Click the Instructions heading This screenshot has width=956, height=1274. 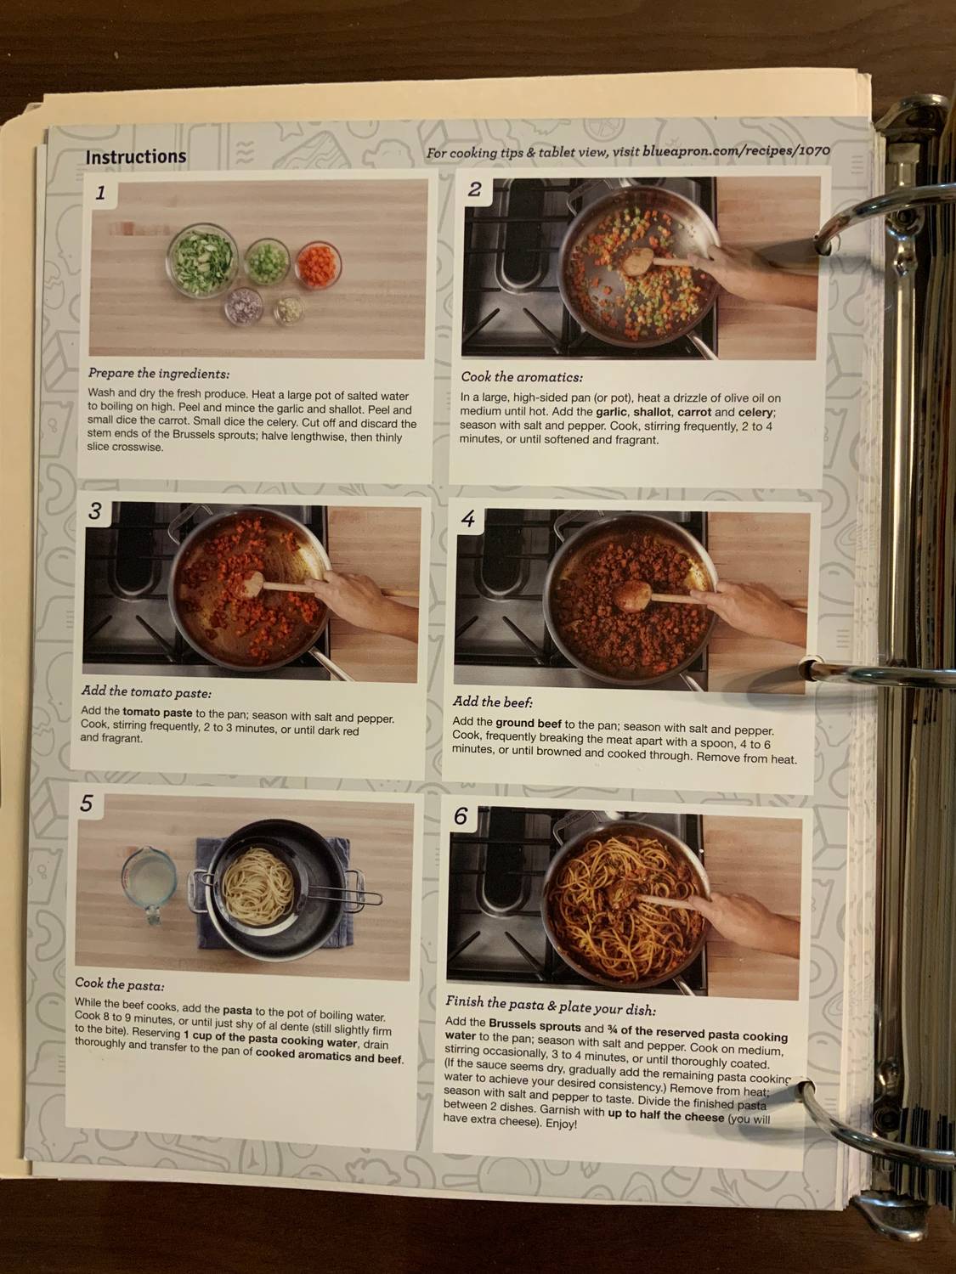pos(135,157)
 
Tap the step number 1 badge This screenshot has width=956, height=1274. pos(100,193)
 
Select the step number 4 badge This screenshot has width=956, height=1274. pos(468,519)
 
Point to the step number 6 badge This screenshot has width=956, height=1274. pos(461,816)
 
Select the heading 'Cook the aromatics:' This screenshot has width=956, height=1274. pos(522,377)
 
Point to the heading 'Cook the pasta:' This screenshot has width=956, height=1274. pos(120,984)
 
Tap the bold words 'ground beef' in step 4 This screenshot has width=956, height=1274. pos(528,723)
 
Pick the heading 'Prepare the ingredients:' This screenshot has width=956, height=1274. pos(159,373)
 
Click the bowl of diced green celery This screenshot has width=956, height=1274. pos(266,260)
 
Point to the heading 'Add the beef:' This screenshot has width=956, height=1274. pos(493,702)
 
